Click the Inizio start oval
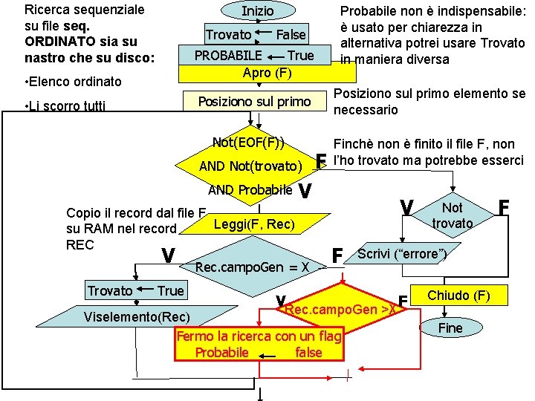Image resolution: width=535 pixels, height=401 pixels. [x=257, y=11]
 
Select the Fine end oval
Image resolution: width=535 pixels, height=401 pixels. [x=450, y=327]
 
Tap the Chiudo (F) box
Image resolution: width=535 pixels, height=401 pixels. [x=458, y=296]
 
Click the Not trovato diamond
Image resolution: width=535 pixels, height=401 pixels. [x=452, y=216]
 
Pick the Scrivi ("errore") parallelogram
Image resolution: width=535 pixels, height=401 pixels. [x=401, y=254]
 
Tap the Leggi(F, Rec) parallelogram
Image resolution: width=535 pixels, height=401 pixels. [x=254, y=224]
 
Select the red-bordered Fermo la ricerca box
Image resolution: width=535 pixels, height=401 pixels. [x=259, y=345]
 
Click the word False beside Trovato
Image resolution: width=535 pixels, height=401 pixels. [x=291, y=35]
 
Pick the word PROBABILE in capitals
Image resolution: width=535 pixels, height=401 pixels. [x=227, y=56]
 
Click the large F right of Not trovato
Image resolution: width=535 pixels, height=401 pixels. [x=505, y=206]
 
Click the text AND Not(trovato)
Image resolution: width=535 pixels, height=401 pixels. [x=250, y=166]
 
